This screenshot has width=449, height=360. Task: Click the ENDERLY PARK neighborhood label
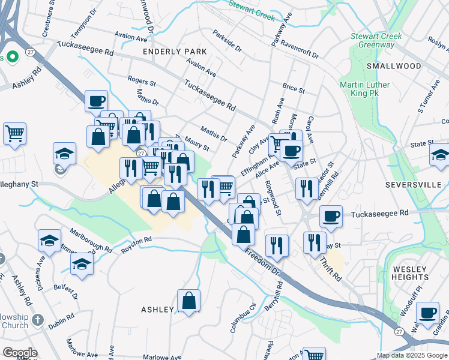[x=175, y=52]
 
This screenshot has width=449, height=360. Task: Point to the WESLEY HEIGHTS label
[x=409, y=274]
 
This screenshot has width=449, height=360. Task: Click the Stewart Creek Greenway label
[x=376, y=41]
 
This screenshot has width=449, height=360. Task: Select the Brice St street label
[x=294, y=89]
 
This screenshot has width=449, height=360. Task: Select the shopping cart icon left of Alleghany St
[x=14, y=133]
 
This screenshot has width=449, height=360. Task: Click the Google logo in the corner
[x=20, y=353]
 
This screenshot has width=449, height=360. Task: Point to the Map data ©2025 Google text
[x=412, y=355]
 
